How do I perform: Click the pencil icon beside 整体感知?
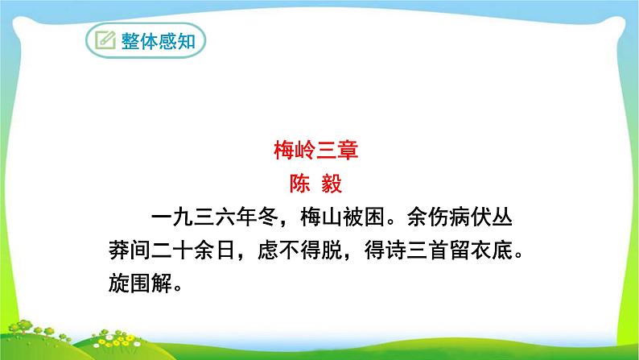(x=105, y=40)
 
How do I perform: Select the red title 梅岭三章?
(x=319, y=151)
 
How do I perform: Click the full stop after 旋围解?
(x=179, y=290)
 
